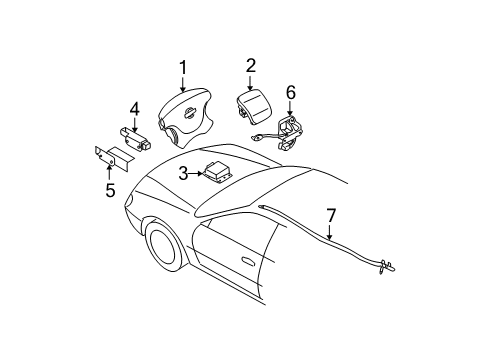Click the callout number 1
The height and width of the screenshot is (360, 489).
click(x=182, y=67)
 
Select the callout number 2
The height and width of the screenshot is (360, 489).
click(x=250, y=65)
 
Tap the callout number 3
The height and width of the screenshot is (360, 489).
click(x=184, y=173)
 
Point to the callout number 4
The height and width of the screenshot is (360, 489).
click(x=134, y=108)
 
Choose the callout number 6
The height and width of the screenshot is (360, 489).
click(x=291, y=93)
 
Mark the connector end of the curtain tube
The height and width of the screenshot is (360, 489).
click(x=388, y=266)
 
